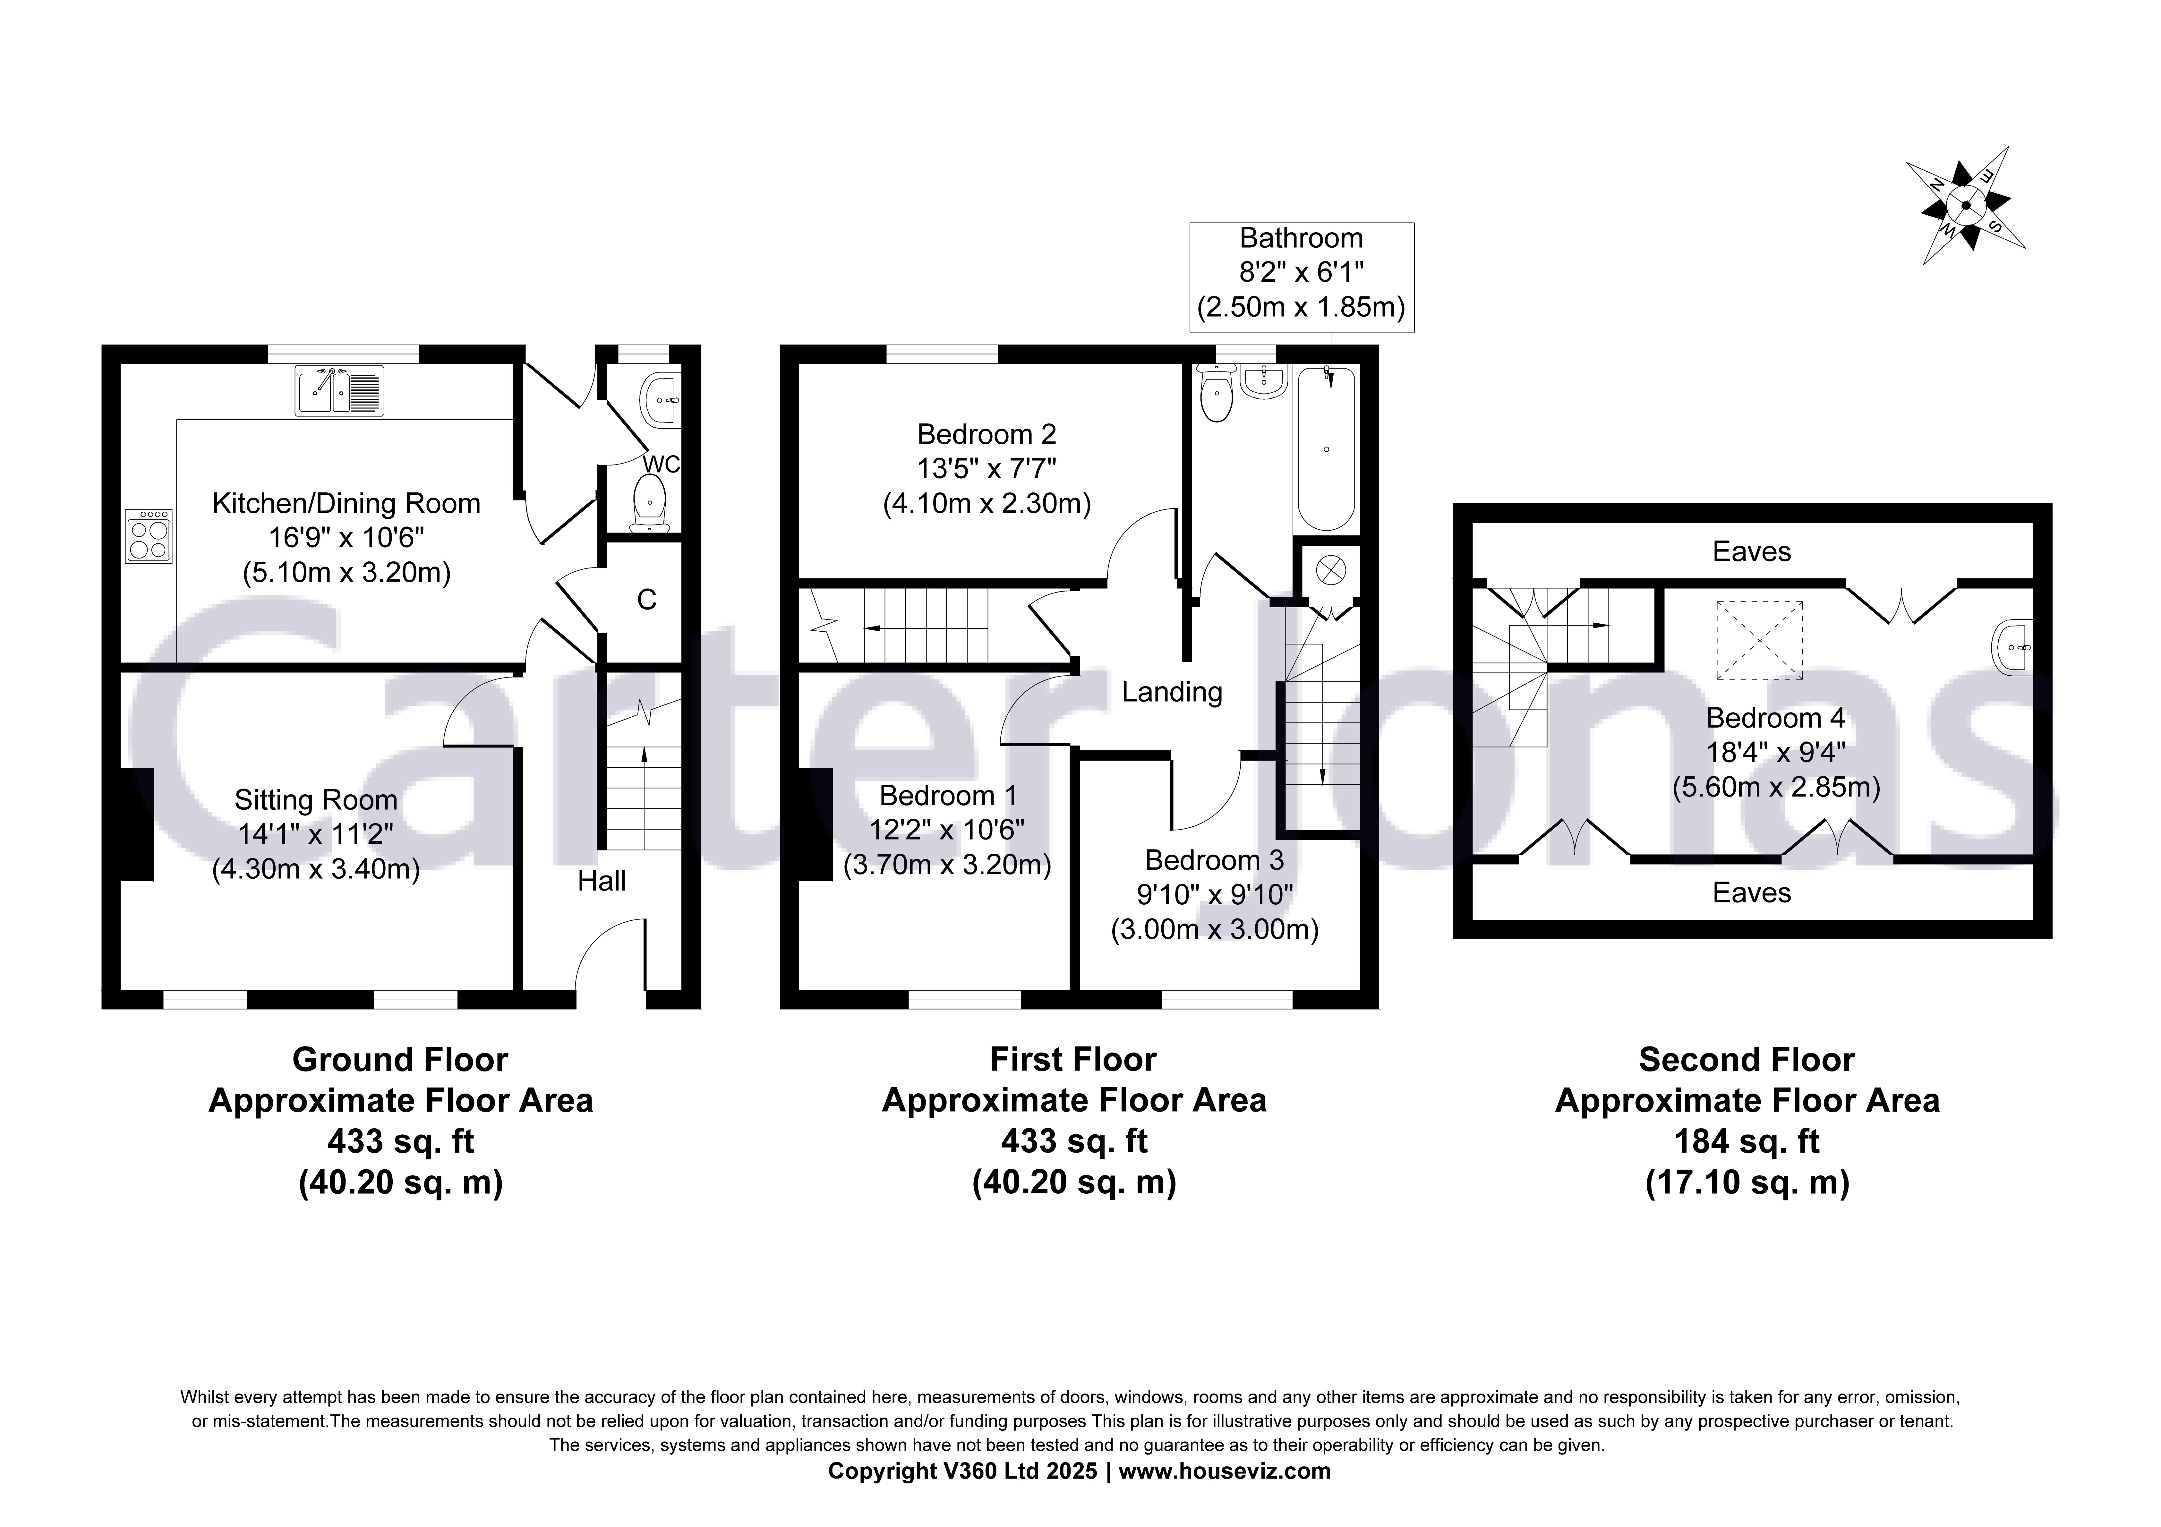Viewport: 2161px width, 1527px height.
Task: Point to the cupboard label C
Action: pos(647,600)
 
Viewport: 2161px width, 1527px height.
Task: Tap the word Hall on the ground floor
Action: pos(602,881)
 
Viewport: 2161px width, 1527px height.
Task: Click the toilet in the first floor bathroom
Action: pos(1217,398)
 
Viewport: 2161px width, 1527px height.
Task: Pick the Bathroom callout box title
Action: pos(1301,238)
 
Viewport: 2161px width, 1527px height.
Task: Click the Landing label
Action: pos(1172,692)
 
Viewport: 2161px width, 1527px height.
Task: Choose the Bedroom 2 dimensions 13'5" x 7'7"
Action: pos(987,469)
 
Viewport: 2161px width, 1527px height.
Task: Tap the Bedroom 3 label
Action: pos(1214,860)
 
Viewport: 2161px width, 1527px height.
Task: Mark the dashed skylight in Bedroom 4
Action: pos(1759,640)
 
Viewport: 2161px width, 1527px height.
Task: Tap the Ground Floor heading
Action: pos(400,1060)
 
